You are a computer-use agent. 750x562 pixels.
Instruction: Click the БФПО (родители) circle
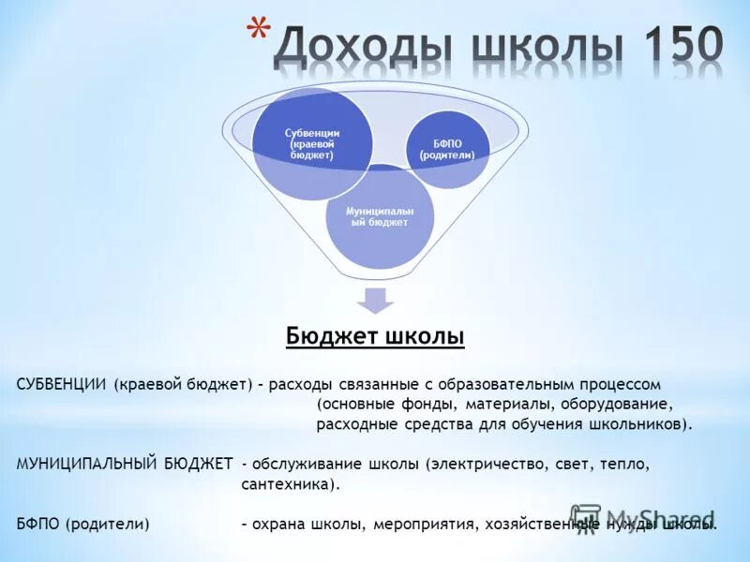coord(447,148)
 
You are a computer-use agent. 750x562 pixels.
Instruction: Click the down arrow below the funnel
coord(375,300)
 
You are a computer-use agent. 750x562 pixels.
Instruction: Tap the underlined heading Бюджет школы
coord(375,336)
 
